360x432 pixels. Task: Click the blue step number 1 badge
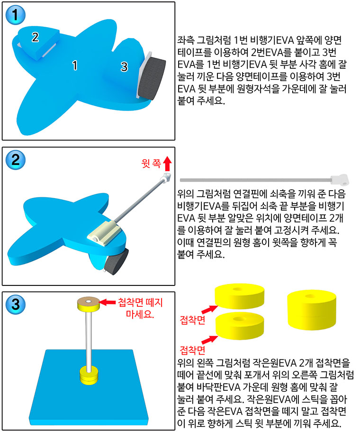16,15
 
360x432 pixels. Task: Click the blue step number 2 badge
16,160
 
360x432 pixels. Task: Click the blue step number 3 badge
16,304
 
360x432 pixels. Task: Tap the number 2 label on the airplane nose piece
35,37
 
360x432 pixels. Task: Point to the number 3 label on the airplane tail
124,67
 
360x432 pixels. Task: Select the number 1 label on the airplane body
74,65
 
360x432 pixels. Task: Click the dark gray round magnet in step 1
152,79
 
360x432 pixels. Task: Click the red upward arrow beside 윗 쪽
167,164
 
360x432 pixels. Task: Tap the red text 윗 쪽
151,164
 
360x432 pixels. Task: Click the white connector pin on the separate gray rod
340,179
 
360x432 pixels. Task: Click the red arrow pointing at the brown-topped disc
107,302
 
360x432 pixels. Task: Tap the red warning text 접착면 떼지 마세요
140,308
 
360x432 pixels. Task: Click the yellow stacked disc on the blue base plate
88,375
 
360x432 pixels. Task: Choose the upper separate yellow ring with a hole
239,297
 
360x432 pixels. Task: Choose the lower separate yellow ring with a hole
240,326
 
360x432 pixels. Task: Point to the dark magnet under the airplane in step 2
117,262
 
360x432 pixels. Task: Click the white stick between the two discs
89,339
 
